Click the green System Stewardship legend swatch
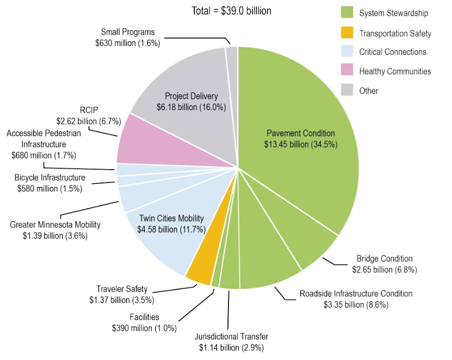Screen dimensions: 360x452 point(346,13)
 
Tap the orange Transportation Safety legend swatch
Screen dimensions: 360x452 point(346,33)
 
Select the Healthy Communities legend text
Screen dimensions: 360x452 point(395,71)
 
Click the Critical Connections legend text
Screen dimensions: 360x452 point(393,52)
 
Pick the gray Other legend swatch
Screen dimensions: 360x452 point(346,90)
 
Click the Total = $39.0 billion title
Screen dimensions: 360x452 point(231,10)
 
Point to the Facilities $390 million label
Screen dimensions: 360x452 point(144,322)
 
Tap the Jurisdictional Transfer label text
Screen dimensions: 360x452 point(231,337)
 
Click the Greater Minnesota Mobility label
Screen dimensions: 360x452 point(55,225)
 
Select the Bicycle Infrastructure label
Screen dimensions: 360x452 point(49,178)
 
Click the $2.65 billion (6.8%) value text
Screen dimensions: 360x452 point(384,270)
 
